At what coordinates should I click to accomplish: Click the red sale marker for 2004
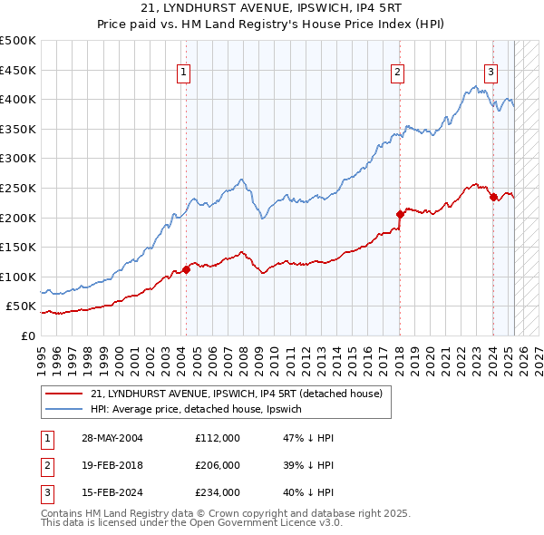coord(186,269)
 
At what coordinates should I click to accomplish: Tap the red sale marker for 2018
coord(400,214)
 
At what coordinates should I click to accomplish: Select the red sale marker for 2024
coord(493,197)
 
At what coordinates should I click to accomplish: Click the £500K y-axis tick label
coord(18,41)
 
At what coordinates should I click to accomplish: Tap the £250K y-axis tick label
coord(18,188)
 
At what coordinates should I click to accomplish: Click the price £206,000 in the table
coord(218,465)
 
